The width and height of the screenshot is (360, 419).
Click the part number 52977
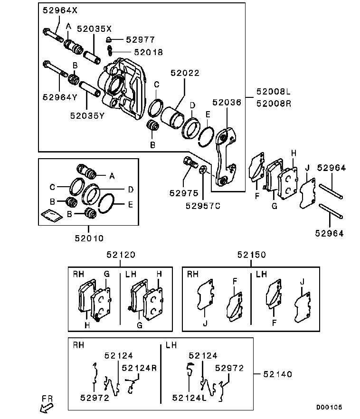140,39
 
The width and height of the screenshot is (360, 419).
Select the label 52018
148,52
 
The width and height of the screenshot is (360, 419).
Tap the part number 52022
185,73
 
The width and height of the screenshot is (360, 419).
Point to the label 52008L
273,92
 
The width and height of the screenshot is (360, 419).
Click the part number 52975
184,193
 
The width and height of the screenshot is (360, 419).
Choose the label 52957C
203,206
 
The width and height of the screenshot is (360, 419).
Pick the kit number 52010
89,238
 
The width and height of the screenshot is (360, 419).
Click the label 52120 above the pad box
121,255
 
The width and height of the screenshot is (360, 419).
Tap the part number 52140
277,374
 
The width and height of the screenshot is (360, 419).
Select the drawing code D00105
329,407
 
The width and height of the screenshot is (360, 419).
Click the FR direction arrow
47,408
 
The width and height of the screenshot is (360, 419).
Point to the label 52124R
139,368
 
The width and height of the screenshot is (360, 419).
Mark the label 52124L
189,398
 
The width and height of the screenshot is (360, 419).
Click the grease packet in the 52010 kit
52,215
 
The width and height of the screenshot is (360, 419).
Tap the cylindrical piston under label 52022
172,118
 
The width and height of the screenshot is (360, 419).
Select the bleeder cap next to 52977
108,39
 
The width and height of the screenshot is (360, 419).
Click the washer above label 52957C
203,170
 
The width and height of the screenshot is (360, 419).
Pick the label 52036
227,102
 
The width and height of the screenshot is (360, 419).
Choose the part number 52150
252,255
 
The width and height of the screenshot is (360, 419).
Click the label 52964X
60,10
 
